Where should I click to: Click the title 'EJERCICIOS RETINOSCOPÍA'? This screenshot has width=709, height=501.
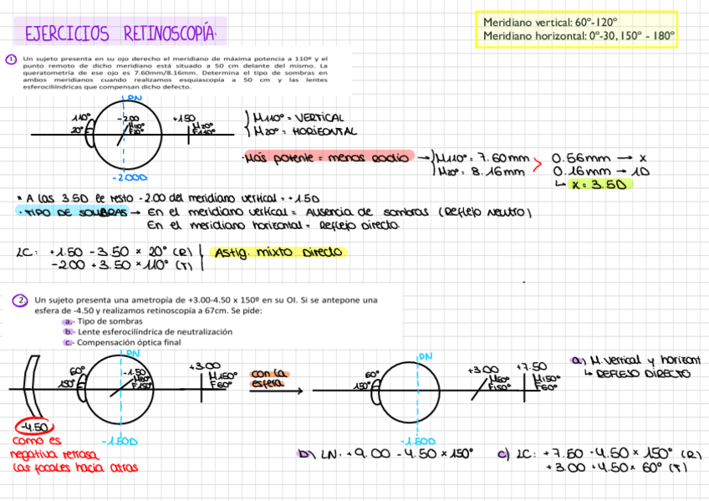[120, 34]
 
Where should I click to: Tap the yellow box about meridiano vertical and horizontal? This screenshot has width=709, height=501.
[577, 29]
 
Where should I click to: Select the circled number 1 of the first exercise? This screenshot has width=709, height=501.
[11, 59]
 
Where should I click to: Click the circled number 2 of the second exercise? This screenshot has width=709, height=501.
[20, 301]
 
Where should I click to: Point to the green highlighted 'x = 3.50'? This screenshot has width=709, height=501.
[597, 185]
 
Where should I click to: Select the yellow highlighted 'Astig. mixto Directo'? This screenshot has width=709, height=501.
[278, 252]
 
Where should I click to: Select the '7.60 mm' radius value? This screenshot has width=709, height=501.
[499, 157]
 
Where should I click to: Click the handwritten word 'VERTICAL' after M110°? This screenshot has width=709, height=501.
[314, 119]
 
